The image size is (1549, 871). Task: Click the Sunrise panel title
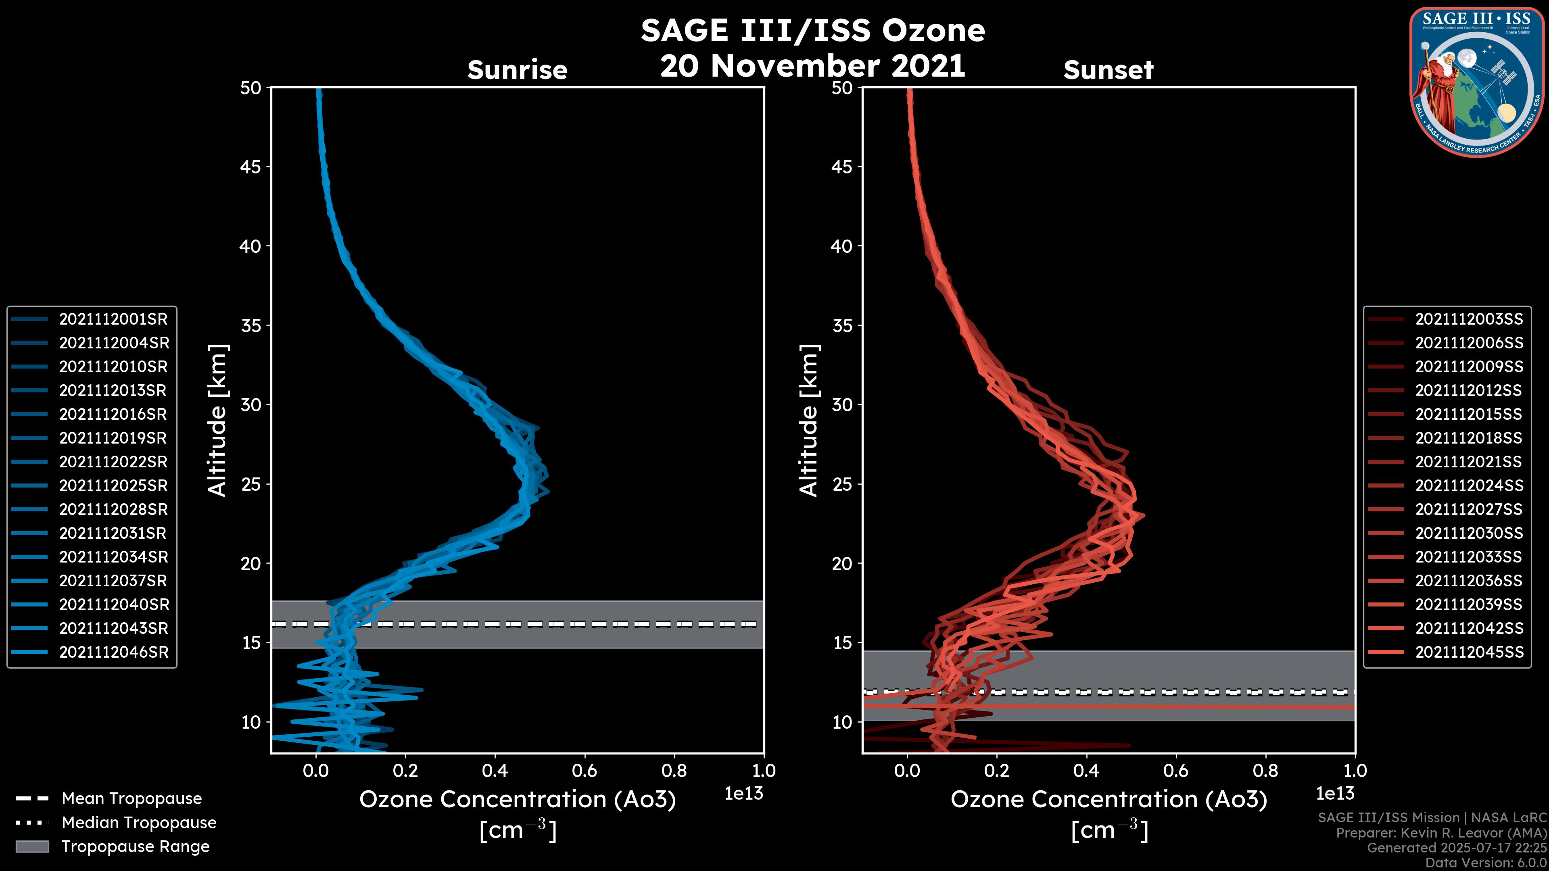tap(517, 70)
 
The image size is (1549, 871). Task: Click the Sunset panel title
tap(1108, 70)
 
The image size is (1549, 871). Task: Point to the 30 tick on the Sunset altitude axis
tap(842, 404)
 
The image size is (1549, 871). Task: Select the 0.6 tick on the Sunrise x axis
tap(585, 771)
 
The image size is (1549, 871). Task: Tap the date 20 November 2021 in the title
tap(812, 66)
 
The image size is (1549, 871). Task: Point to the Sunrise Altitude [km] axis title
tap(218, 420)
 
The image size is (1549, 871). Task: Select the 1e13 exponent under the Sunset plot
tap(1335, 794)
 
